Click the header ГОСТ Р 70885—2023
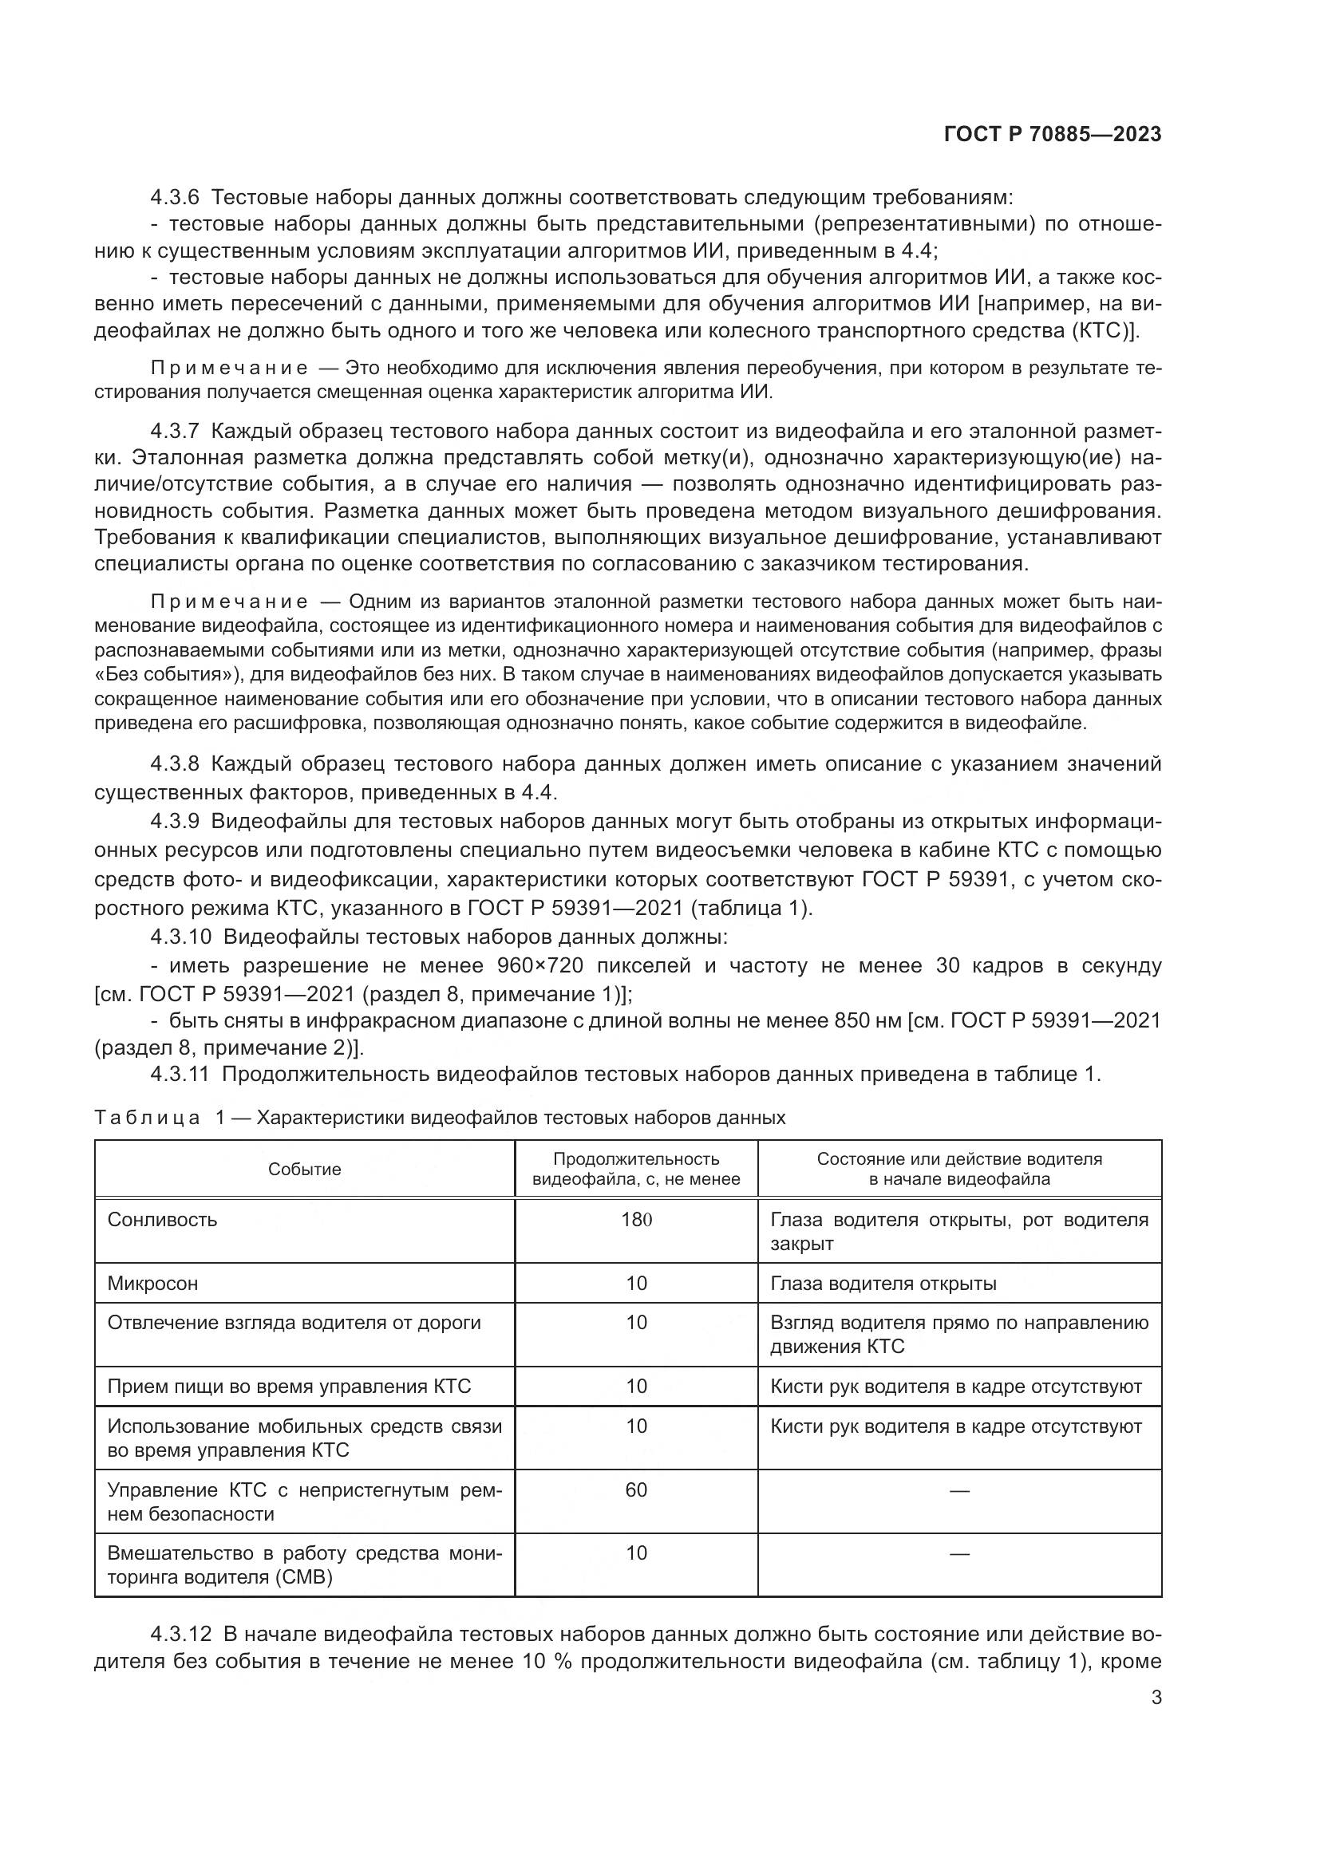click(x=1053, y=135)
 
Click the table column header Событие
click(x=305, y=1169)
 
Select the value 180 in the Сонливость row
click(x=636, y=1219)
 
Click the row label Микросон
click(x=152, y=1284)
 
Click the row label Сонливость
click(x=163, y=1219)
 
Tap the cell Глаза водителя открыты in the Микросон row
click(x=883, y=1284)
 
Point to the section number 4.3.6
click(x=175, y=198)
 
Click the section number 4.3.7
click(x=175, y=431)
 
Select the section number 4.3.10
click(x=180, y=937)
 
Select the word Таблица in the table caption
click(x=147, y=1118)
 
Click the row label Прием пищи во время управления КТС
click(x=290, y=1386)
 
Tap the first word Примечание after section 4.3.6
click(x=229, y=368)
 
